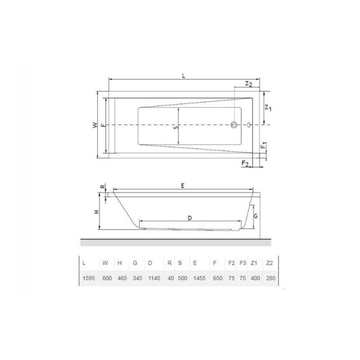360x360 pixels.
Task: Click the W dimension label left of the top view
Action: tap(94, 125)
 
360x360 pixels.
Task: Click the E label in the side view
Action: tap(182, 186)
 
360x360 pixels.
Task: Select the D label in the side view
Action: tap(189, 218)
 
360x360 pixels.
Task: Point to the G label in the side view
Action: tap(255, 215)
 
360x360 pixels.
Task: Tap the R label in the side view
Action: tap(103, 187)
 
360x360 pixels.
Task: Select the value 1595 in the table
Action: tap(88, 278)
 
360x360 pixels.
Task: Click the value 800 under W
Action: tap(107, 278)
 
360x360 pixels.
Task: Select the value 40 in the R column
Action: tap(170, 278)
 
